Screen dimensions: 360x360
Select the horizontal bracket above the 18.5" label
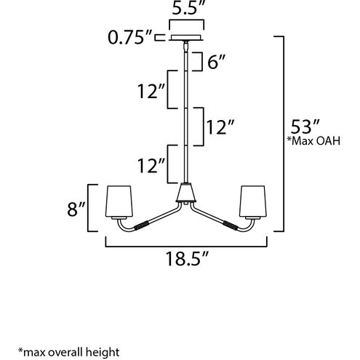point(188,245)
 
